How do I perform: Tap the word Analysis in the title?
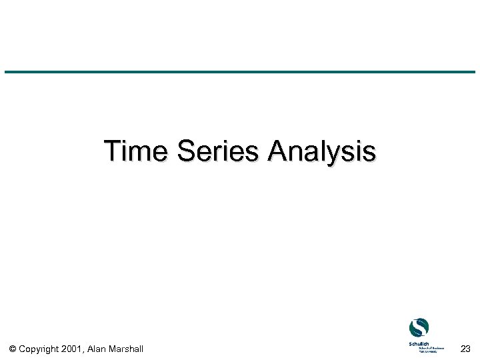321,151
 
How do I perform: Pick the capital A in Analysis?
277,151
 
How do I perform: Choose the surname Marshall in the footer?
127,349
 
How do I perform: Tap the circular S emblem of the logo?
419,328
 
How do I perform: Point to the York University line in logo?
430,351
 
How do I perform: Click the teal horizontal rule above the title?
240,72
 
